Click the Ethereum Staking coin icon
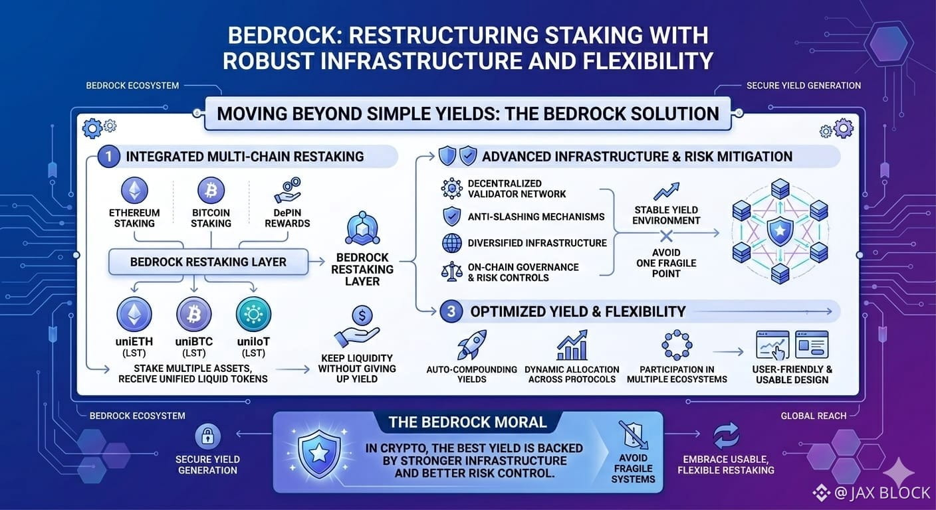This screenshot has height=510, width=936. [x=134, y=191]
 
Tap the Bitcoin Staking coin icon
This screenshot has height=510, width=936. [x=211, y=191]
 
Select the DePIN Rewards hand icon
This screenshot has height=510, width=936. [x=287, y=191]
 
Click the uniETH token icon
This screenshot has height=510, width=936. [x=134, y=314]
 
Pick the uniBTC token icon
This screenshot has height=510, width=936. [x=194, y=314]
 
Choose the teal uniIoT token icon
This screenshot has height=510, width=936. [x=253, y=314]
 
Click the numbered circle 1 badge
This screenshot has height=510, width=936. [x=108, y=157]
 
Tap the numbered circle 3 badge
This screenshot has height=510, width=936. [x=451, y=311]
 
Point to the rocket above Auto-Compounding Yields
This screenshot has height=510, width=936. [x=472, y=345]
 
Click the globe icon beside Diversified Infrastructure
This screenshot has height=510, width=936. [x=451, y=243]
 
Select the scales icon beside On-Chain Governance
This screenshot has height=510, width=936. [x=451, y=272]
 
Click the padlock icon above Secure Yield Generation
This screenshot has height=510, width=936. [x=207, y=436]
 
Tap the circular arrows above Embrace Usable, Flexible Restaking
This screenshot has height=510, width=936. [x=726, y=436]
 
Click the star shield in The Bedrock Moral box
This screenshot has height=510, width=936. [x=319, y=454]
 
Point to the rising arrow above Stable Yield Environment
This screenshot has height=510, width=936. [x=666, y=191]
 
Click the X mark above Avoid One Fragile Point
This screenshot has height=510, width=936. [x=666, y=236]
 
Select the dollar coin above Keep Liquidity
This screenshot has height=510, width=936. [x=362, y=315]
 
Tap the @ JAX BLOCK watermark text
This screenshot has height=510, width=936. [x=883, y=493]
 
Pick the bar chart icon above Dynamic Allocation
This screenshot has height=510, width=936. [x=572, y=345]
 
